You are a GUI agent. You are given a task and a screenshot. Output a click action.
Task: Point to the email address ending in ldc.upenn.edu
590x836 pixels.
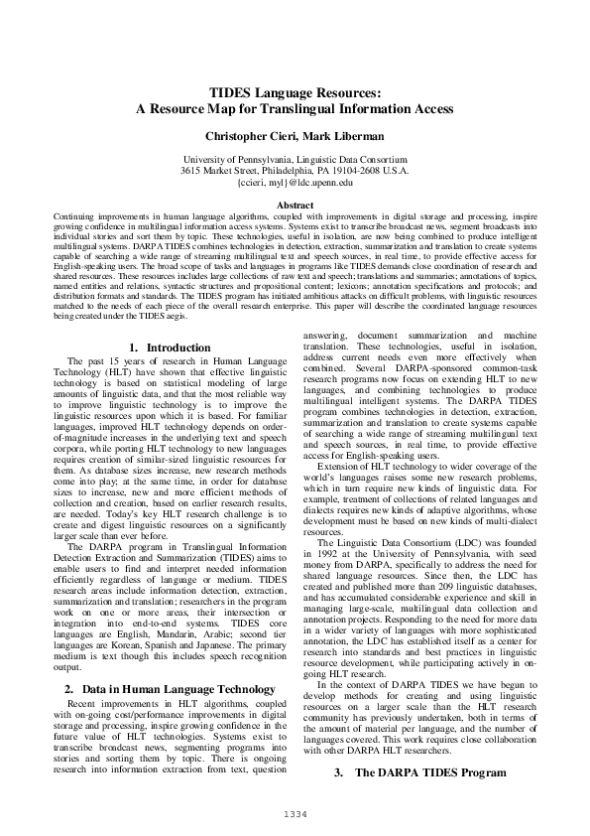[295, 183]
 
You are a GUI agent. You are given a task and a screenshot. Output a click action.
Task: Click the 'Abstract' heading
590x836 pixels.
[295, 205]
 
